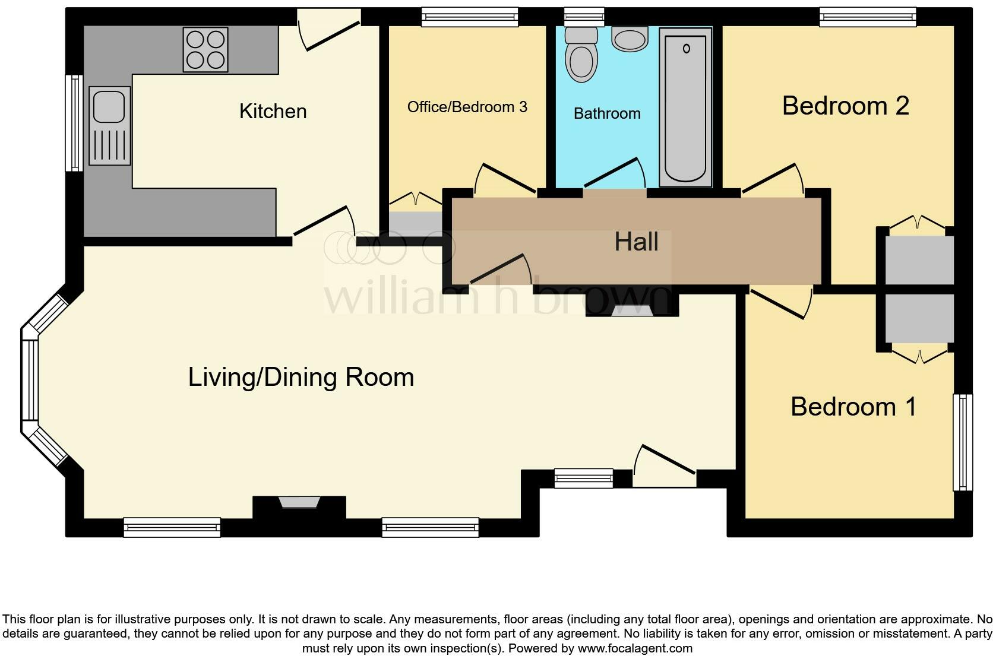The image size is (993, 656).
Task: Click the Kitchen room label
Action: tap(273, 111)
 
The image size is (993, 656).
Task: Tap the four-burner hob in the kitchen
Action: tap(205, 50)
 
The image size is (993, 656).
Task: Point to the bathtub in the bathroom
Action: tap(685, 107)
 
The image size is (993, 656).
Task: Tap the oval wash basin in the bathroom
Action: tap(630, 40)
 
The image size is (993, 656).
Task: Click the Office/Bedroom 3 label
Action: tap(467, 107)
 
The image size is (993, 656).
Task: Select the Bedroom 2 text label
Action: tap(845, 106)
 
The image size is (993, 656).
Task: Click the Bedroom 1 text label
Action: tap(853, 407)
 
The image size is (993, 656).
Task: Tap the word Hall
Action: tap(636, 242)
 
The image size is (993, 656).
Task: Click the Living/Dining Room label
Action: tap(301, 377)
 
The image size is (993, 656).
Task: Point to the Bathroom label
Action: tap(607, 113)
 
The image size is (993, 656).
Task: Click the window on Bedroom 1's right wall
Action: tap(963, 442)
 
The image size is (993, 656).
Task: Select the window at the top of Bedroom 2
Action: tap(868, 17)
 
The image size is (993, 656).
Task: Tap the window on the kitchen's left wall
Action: tap(74, 123)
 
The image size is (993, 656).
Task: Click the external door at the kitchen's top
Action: tap(328, 28)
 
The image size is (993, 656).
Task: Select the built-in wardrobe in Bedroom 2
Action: tap(919, 259)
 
